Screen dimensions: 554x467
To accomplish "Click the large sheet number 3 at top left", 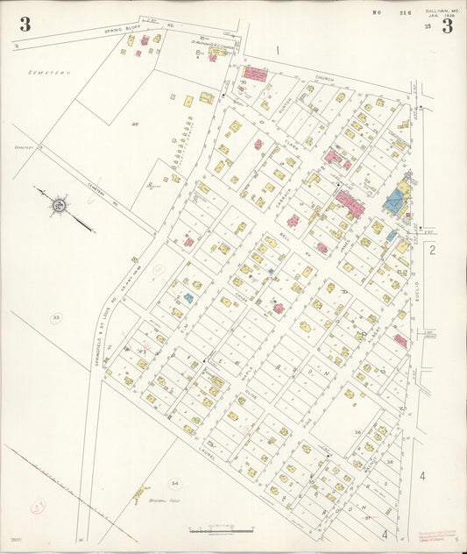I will point(25,25).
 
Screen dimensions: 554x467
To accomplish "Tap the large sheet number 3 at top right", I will point(447,25).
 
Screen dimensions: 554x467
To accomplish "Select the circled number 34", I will point(175,483).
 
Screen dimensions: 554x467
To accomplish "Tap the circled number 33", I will point(56,317).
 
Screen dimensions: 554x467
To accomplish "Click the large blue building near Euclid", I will point(393,202).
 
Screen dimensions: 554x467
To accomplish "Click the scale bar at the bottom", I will point(221,531).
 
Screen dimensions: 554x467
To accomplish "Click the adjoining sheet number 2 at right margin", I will point(433,251).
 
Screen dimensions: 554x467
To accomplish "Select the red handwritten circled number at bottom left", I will point(39,505).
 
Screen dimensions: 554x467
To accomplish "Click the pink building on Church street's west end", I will point(256,74).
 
